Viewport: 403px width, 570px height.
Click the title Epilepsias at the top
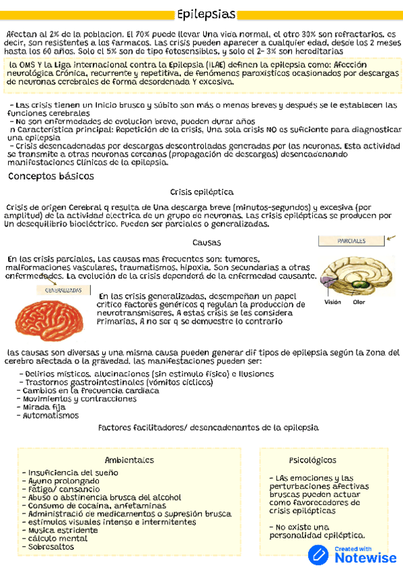click(x=207, y=14)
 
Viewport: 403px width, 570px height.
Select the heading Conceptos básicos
click(x=50, y=176)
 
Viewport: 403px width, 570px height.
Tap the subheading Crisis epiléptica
click(x=202, y=192)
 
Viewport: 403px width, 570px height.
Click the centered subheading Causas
click(x=207, y=242)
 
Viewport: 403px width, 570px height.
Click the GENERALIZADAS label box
click(x=65, y=290)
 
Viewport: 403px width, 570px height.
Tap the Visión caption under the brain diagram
click(x=333, y=302)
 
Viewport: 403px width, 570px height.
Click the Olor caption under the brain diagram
click(x=359, y=302)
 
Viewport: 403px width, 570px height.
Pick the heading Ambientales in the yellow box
click(x=129, y=460)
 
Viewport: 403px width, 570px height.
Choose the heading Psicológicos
click(x=312, y=460)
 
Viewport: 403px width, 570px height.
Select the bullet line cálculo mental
click(x=58, y=538)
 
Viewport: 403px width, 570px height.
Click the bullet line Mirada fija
click(x=44, y=407)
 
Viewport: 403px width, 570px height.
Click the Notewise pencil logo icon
click(x=318, y=555)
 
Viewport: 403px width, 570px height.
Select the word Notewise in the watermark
click(x=365, y=558)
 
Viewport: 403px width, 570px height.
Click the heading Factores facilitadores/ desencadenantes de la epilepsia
click(x=208, y=427)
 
